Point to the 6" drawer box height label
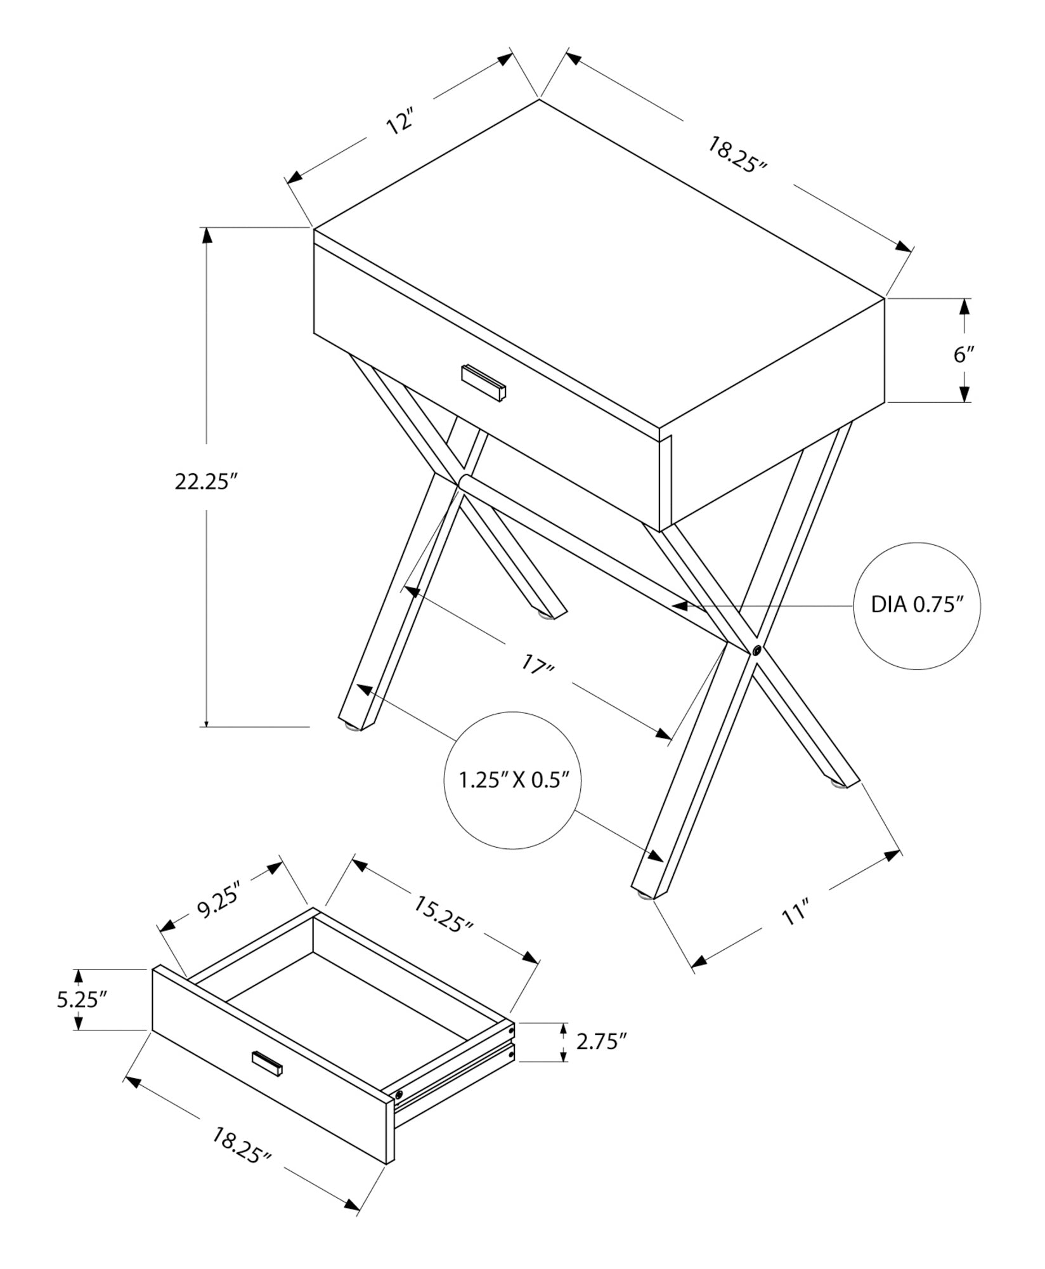(x=964, y=354)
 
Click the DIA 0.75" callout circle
(x=917, y=605)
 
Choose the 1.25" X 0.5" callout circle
(x=512, y=780)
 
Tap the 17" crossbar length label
(x=538, y=666)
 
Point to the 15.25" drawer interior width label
(x=443, y=914)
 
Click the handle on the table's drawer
(x=484, y=383)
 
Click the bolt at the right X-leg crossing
(x=756, y=650)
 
